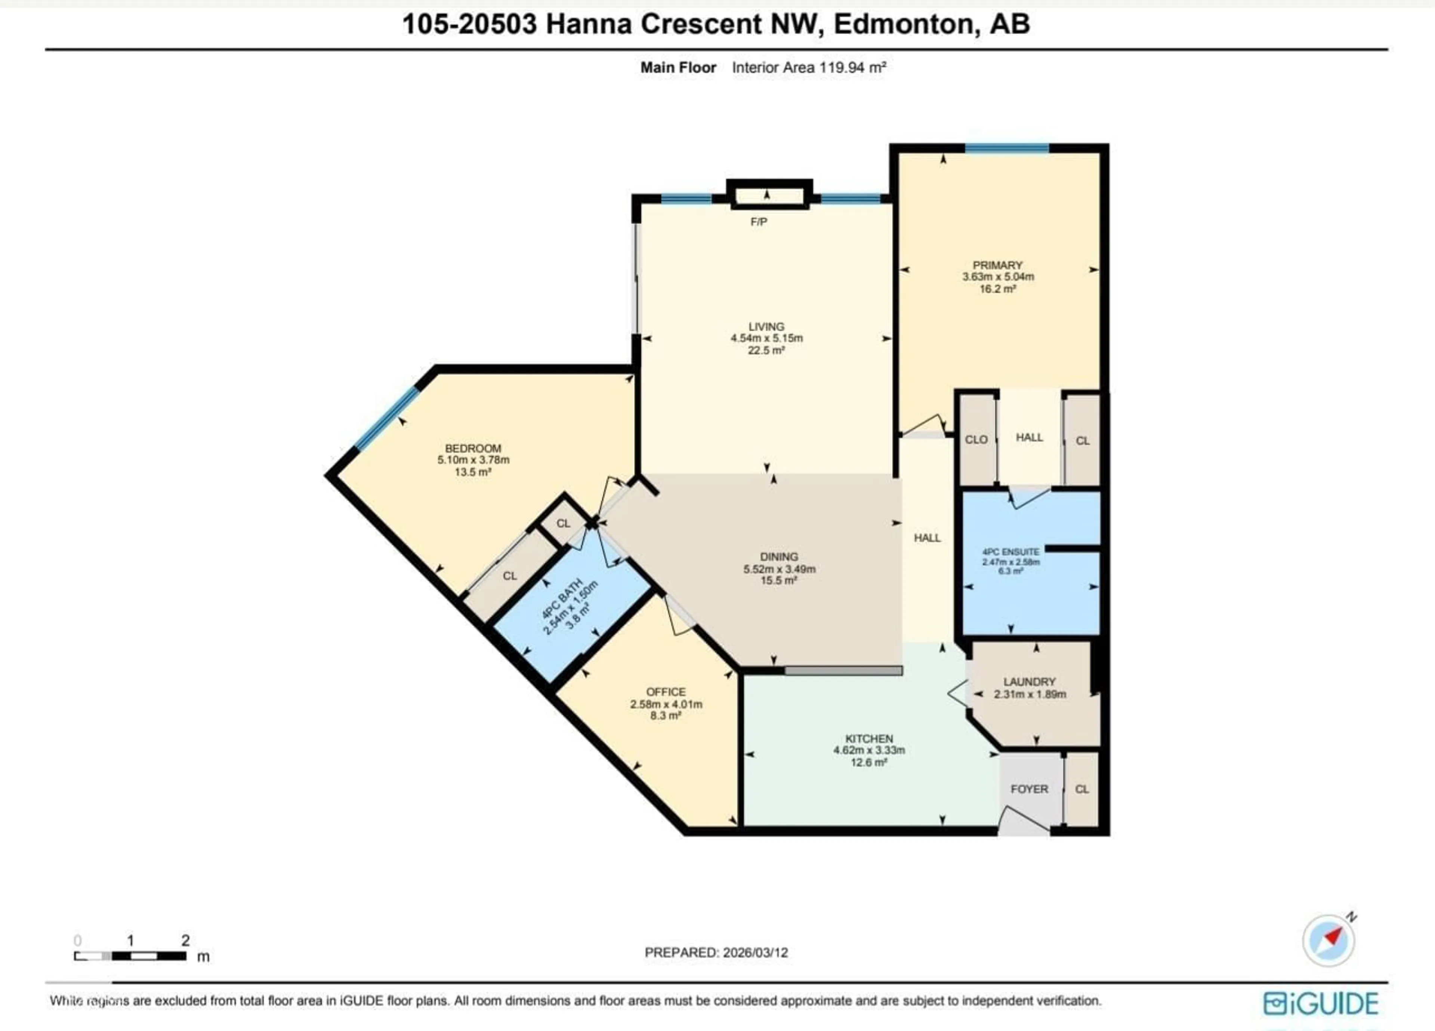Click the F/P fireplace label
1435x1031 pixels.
[x=759, y=222]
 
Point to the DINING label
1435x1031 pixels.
[x=779, y=556]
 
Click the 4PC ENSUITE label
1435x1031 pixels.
[x=1010, y=551]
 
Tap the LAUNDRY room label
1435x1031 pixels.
[x=1030, y=681]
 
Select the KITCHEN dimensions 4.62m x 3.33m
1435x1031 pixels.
[x=869, y=750]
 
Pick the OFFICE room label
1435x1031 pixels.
[x=666, y=692]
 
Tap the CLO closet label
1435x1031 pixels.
[x=976, y=439]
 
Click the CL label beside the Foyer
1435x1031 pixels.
[x=1082, y=789]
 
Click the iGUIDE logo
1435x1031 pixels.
[x=1321, y=1003]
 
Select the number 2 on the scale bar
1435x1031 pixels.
[x=185, y=940]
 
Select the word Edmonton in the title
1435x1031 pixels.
[x=903, y=24]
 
